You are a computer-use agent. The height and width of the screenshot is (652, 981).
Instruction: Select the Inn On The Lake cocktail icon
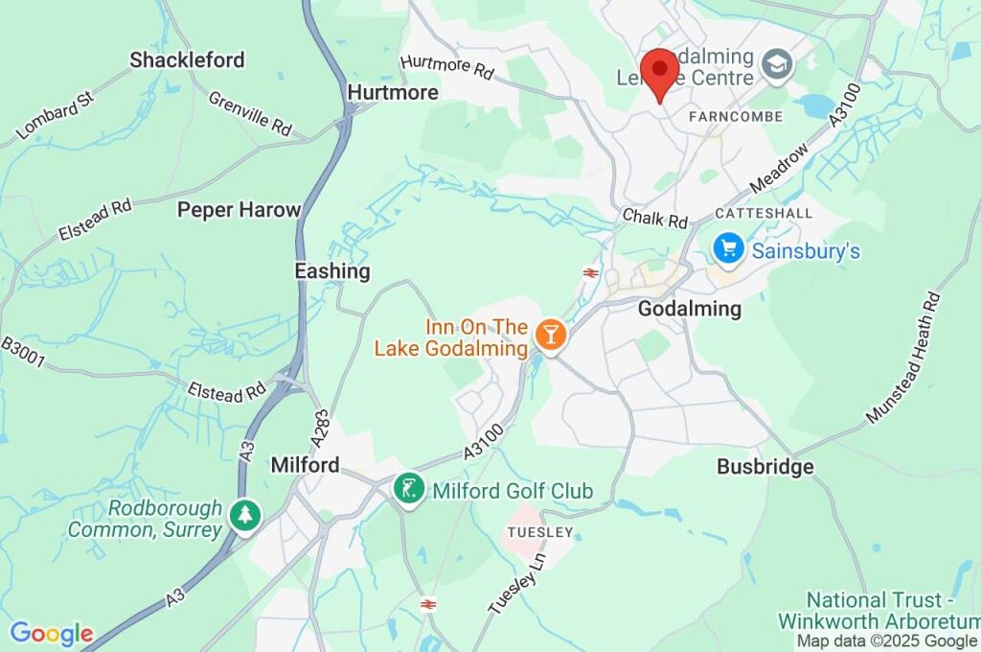pyautogui.click(x=550, y=335)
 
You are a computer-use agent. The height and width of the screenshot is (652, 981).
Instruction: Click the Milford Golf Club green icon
pyautogui.click(x=409, y=490)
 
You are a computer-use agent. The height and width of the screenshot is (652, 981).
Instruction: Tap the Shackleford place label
pyautogui.click(x=188, y=59)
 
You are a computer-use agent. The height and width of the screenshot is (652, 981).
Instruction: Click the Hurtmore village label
pyautogui.click(x=393, y=92)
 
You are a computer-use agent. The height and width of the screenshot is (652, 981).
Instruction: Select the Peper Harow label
pyautogui.click(x=239, y=209)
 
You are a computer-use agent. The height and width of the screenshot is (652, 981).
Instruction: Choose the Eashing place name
pyautogui.click(x=331, y=271)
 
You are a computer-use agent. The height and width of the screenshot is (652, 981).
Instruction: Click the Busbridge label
pyautogui.click(x=765, y=467)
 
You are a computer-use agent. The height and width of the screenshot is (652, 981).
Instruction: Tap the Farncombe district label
pyautogui.click(x=736, y=116)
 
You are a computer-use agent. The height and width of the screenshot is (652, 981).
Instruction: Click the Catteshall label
pyautogui.click(x=764, y=213)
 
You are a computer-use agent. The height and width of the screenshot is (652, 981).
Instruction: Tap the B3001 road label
pyautogui.click(x=23, y=352)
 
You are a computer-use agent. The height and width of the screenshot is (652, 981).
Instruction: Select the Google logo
pyautogui.click(x=52, y=633)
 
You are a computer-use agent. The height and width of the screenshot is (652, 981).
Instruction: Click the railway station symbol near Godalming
pyautogui.click(x=591, y=273)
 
